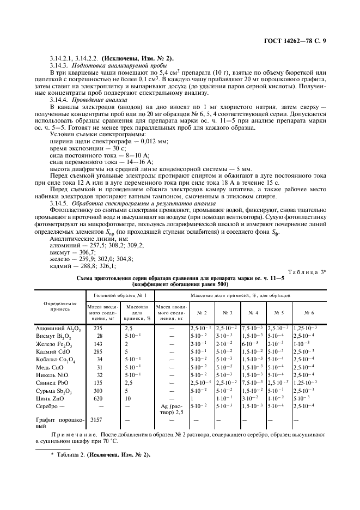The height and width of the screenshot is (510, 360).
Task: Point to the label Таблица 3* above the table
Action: (x=306, y=272)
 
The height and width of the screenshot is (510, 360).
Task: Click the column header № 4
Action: (x=253, y=313)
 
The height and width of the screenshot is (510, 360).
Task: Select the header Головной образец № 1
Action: (x=120, y=295)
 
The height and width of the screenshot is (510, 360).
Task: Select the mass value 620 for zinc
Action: (x=99, y=398)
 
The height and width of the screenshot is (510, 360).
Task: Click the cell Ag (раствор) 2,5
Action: (x=171, y=409)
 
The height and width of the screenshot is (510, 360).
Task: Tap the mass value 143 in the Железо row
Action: (x=99, y=344)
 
